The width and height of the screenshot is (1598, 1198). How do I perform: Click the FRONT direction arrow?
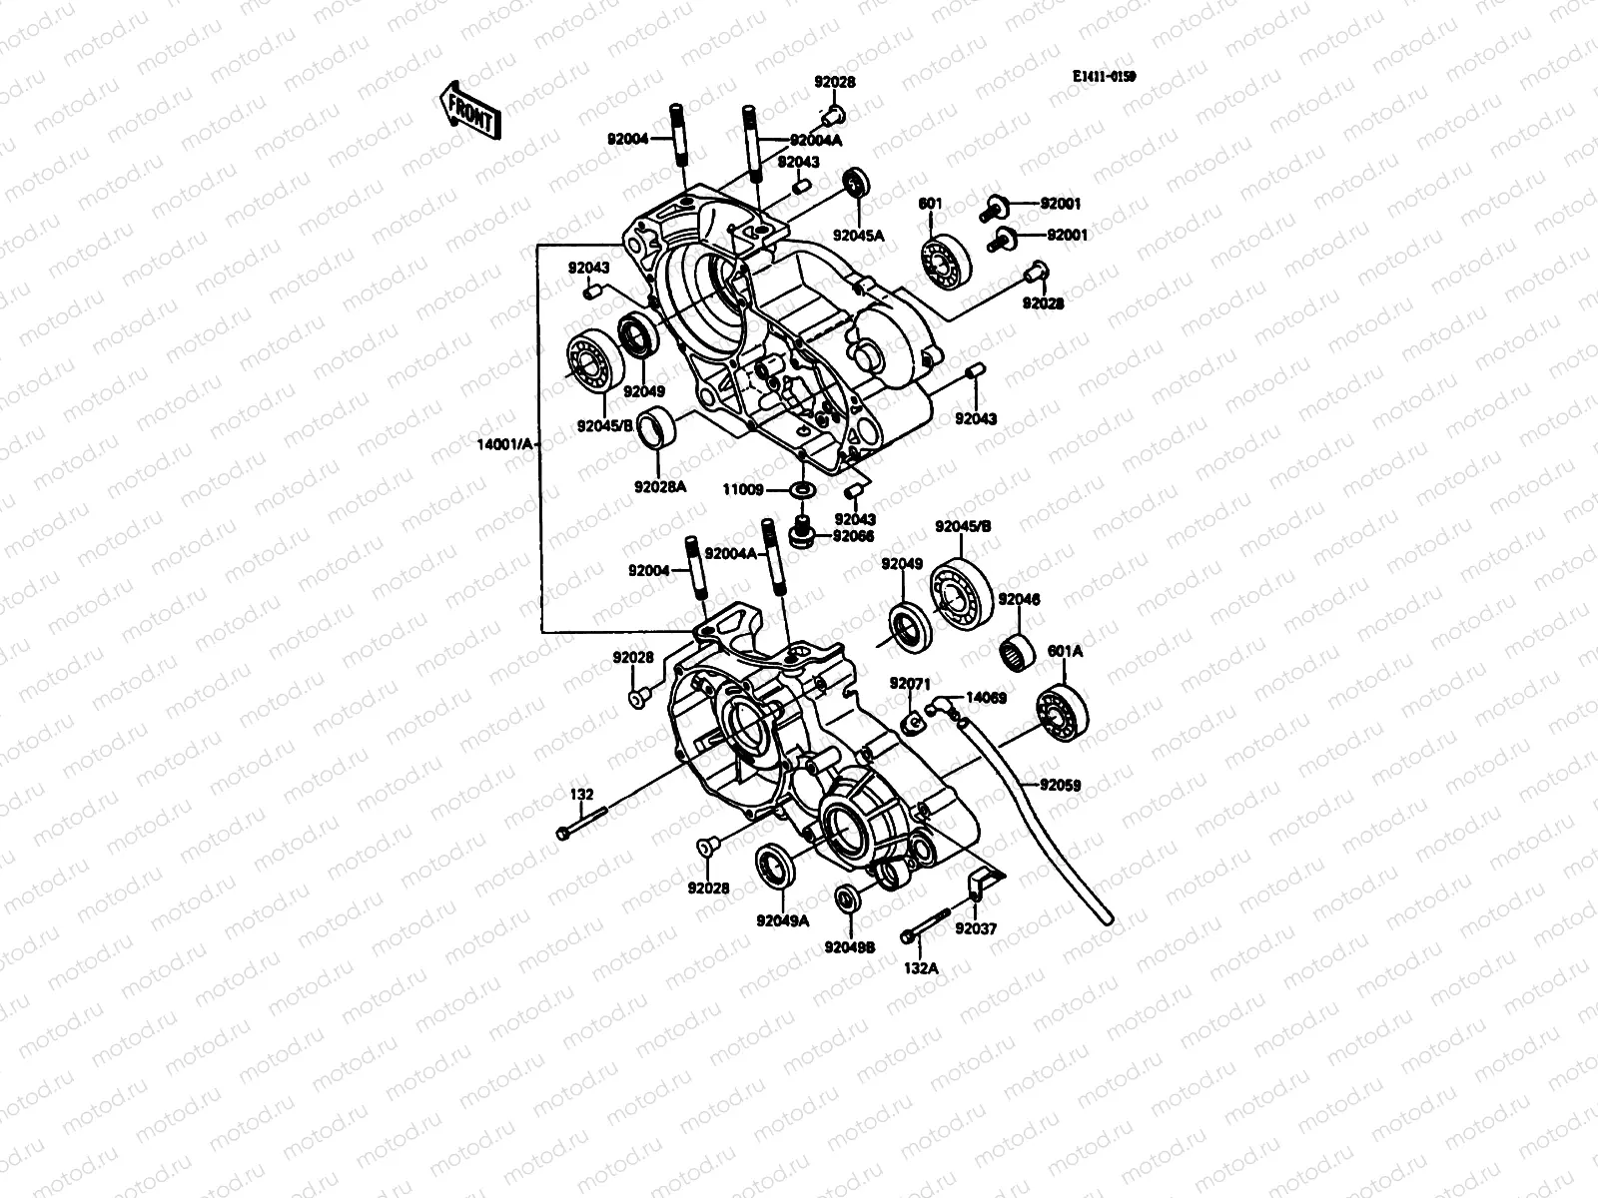(466, 109)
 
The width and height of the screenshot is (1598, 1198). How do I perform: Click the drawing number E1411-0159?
(1105, 76)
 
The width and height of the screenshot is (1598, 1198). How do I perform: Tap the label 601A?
(1065, 652)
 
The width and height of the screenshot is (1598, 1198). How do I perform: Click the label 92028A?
(660, 487)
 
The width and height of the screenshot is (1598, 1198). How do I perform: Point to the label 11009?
(743, 490)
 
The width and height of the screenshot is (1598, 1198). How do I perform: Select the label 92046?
(1019, 599)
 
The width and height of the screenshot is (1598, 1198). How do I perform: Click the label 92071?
(910, 683)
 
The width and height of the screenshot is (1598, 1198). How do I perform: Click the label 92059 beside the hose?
(1061, 785)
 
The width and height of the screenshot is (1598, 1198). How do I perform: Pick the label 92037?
(975, 928)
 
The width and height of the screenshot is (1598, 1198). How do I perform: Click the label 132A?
(921, 966)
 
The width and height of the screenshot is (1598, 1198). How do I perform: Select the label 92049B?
(850, 946)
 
